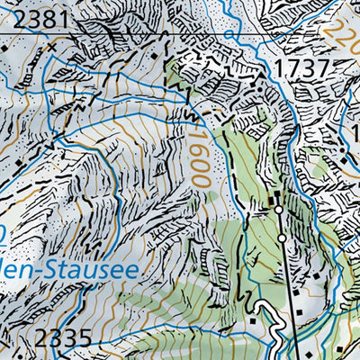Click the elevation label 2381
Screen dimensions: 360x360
(x=31, y=17)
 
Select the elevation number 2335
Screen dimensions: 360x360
(x=66, y=340)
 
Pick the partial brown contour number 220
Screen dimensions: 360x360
(x=346, y=37)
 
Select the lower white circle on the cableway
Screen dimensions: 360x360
(x=282, y=238)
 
